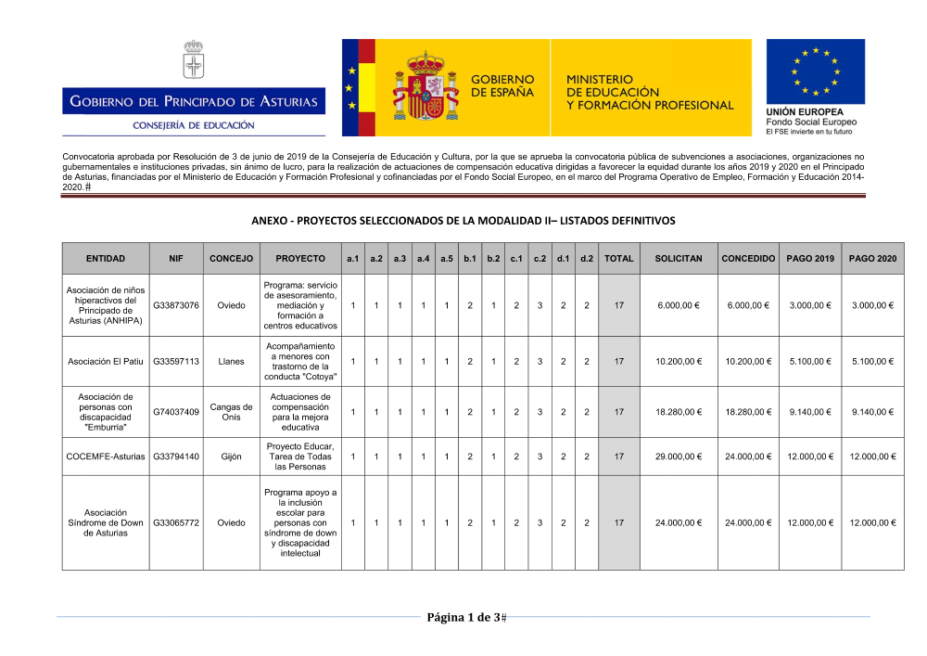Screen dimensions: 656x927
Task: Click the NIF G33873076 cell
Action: [x=176, y=305]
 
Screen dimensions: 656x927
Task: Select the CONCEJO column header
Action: [x=232, y=258]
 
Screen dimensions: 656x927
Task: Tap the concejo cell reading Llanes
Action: [x=232, y=362]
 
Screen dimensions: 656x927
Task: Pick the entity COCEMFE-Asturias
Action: [x=104, y=457]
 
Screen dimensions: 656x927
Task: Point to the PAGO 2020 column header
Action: [x=871, y=258]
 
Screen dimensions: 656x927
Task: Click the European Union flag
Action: [x=815, y=71]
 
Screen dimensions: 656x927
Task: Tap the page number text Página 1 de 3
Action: [x=463, y=618]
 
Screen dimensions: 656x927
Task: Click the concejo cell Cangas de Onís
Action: [x=232, y=412]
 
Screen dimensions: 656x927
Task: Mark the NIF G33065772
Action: [x=176, y=522]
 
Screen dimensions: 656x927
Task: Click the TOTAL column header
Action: [x=618, y=258]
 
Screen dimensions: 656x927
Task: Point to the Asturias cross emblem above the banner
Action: [x=193, y=60]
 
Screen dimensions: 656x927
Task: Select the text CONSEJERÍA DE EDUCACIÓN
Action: [x=194, y=125]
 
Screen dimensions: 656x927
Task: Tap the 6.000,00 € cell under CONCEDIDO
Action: [x=748, y=305]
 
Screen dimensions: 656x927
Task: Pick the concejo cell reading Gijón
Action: [x=232, y=457]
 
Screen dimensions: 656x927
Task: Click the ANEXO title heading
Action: [x=463, y=221]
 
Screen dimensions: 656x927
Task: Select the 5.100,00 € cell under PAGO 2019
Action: [x=809, y=362]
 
